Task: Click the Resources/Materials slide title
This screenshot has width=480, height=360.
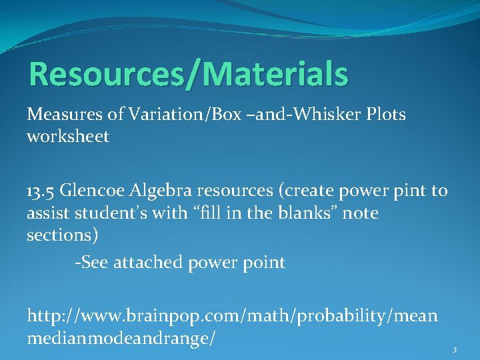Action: [188, 74]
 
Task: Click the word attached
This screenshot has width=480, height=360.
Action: [146, 263]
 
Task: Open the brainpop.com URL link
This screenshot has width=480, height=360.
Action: [232, 315]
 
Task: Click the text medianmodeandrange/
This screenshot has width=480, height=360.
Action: [121, 338]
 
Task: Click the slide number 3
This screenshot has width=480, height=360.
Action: [454, 350]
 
